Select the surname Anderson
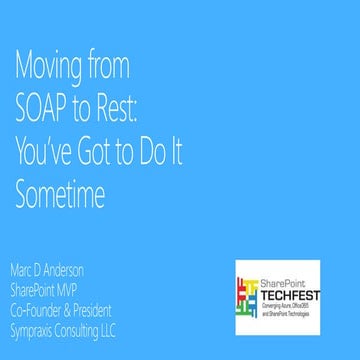tap(71, 272)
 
